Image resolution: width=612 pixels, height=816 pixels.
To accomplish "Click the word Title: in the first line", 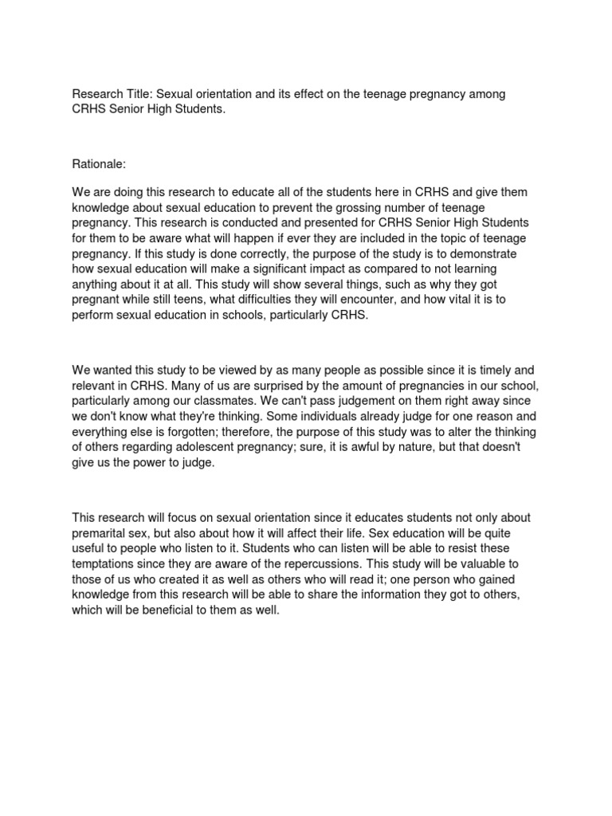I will click(140, 94).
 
